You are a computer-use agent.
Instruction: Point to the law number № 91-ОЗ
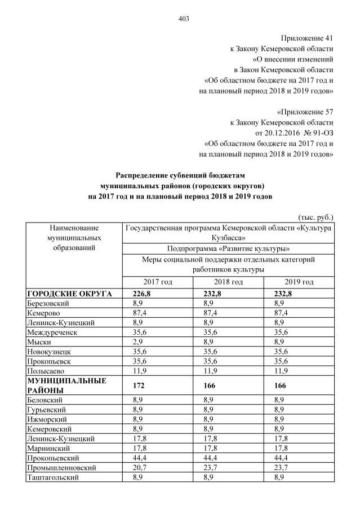[x=315, y=132]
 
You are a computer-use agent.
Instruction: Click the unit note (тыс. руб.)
[x=315, y=216]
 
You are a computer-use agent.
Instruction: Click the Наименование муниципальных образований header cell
[x=74, y=237]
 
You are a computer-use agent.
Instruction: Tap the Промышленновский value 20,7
[x=131, y=467]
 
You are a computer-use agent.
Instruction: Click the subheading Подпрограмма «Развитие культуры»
[x=228, y=249]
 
